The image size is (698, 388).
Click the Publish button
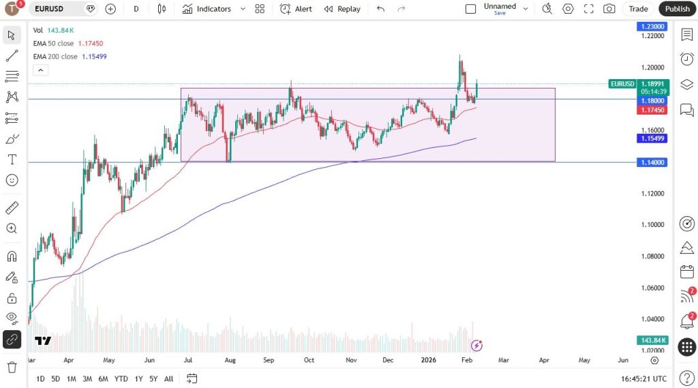click(677, 9)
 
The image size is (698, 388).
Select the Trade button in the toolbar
click(638, 9)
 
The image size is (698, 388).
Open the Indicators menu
click(207, 9)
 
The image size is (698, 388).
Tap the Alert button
click(296, 9)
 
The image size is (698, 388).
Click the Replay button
click(342, 9)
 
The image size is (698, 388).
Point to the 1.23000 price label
click(652, 26)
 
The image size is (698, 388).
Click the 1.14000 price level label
click(652, 162)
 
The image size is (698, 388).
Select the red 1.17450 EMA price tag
click(652, 110)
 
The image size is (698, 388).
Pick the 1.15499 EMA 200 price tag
click(652, 138)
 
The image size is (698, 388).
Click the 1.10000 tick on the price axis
click(652, 225)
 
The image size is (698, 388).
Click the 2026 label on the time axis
click(428, 359)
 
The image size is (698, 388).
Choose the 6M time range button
click(103, 378)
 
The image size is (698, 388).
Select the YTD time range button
click(121, 378)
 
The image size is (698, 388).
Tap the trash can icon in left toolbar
click(12, 367)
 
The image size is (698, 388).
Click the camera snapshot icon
click(609, 9)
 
